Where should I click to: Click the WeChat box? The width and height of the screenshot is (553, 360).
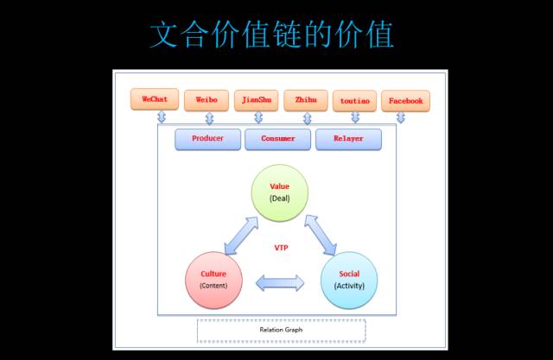tap(155, 99)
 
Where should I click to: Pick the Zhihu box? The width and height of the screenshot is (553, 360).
tap(305, 100)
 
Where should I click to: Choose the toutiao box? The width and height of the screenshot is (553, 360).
tap(354, 101)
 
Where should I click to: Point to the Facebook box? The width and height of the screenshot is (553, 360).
tap(405, 101)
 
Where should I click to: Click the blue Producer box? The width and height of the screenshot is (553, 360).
tap(207, 138)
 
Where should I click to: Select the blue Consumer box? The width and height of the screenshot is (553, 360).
tap(277, 138)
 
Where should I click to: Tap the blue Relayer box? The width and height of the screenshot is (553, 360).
tap(348, 138)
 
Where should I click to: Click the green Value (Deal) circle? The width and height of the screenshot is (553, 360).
tap(279, 193)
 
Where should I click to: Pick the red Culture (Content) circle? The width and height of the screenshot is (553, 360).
tap(213, 280)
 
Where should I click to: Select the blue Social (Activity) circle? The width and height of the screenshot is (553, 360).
tap(349, 280)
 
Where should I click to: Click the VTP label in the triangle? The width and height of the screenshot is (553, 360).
tap(281, 248)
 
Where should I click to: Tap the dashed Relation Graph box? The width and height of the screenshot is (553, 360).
tap(281, 330)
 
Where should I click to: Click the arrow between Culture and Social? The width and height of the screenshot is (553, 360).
tap(281, 282)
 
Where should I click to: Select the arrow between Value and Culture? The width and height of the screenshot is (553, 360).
tap(241, 236)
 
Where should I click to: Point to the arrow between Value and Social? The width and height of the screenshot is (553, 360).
tap(320, 236)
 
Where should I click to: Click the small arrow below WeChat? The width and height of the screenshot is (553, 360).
tap(161, 117)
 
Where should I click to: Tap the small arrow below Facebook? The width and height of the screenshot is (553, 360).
tap(400, 117)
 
